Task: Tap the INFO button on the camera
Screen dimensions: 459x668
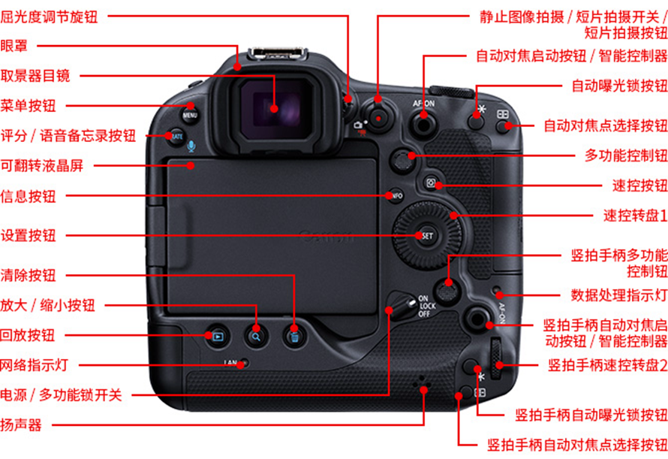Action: (x=396, y=196)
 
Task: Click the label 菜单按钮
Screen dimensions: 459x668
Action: (x=28, y=105)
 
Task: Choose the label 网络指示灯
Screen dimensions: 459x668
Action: (x=35, y=366)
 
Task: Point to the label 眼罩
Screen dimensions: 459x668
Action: (x=14, y=45)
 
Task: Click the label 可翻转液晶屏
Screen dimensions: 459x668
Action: (x=41, y=165)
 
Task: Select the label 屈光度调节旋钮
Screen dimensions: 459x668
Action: (x=49, y=15)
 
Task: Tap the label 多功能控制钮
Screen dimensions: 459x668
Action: (x=626, y=156)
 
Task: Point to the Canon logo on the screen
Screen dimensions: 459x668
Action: (x=327, y=237)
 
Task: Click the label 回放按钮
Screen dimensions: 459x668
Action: (x=28, y=335)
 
